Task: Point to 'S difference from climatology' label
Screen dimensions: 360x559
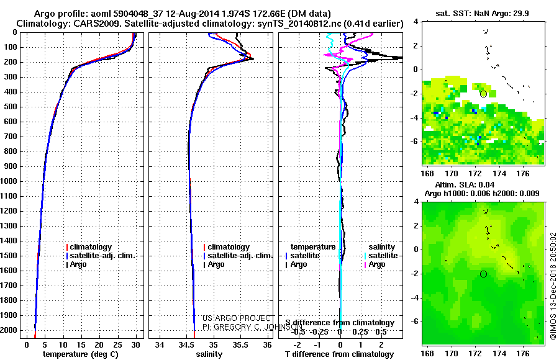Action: (340, 323)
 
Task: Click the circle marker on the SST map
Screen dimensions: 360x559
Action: (483, 94)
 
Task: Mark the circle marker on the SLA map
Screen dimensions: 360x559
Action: (483, 274)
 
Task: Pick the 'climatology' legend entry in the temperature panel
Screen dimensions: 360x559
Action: (91, 247)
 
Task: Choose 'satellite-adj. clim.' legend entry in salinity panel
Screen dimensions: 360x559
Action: (240, 256)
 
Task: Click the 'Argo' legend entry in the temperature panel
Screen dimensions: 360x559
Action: (78, 264)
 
